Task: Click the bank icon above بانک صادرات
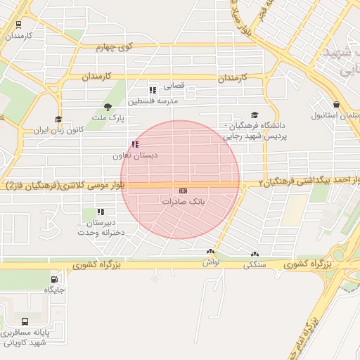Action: click(x=183, y=191)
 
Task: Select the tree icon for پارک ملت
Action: click(x=108, y=107)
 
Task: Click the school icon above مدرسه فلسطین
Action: click(x=152, y=90)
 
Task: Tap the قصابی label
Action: click(x=174, y=86)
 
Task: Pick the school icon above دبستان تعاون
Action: click(x=134, y=144)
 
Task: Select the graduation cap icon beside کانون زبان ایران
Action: click(x=58, y=120)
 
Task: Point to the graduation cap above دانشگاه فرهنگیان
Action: click(x=255, y=115)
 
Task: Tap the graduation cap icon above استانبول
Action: click(x=337, y=104)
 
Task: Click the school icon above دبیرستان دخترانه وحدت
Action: click(x=101, y=211)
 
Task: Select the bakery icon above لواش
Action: click(x=210, y=252)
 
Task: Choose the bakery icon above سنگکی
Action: click(x=254, y=255)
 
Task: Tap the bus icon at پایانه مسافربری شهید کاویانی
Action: click(x=26, y=321)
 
